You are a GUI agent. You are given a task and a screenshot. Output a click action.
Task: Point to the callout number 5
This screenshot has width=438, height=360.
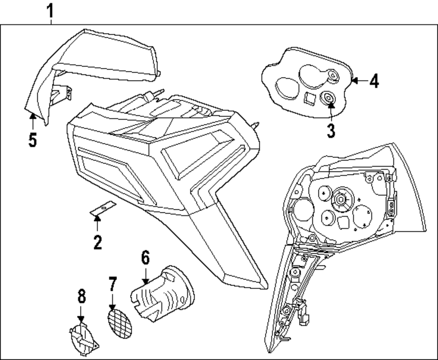point(32,140)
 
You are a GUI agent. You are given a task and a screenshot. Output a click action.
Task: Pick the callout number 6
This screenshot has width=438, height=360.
point(145,258)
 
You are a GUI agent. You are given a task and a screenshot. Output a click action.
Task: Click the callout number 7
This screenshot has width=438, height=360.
point(113,285)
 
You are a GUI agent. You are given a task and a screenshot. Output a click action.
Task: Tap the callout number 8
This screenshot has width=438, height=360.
point(81,298)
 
